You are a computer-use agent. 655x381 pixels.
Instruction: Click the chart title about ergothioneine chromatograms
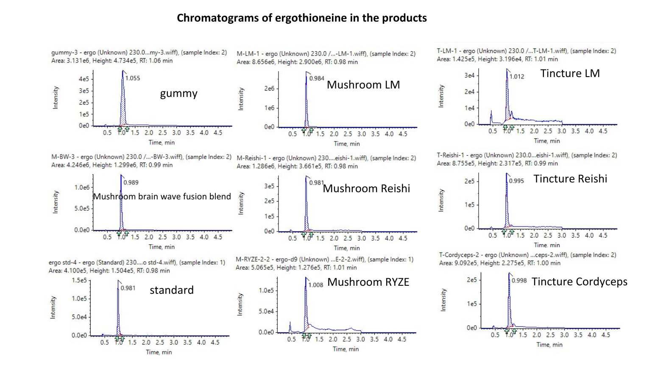[x=301, y=18]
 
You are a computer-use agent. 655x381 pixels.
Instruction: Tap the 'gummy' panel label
[x=178, y=93]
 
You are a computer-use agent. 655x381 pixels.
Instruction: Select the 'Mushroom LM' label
[x=363, y=85]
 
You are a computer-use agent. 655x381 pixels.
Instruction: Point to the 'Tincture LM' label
[x=570, y=73]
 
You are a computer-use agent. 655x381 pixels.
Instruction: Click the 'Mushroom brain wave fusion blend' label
[x=162, y=196]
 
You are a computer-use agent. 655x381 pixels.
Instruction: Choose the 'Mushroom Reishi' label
[x=366, y=188]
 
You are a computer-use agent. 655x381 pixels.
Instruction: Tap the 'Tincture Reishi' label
[x=570, y=179]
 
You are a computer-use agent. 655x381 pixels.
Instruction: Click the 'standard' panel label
[x=172, y=290]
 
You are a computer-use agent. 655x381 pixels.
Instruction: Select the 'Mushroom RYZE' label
[x=368, y=282]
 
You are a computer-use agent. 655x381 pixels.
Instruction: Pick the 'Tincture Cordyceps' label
[x=580, y=282]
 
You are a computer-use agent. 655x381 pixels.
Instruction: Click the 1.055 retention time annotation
[x=133, y=78]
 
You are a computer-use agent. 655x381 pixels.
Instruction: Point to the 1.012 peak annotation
[x=517, y=77]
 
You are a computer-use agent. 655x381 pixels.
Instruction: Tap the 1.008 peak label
[x=316, y=285]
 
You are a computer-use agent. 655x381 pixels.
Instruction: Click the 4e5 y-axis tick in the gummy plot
[x=84, y=79]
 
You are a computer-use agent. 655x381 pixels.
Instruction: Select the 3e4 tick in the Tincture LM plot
[x=469, y=75]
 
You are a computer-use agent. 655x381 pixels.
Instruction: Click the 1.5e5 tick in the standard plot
[x=79, y=280]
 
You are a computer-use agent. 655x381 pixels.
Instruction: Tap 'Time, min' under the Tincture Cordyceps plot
[x=549, y=345]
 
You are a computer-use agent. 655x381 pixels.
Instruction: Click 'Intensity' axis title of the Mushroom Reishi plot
[x=241, y=203]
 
